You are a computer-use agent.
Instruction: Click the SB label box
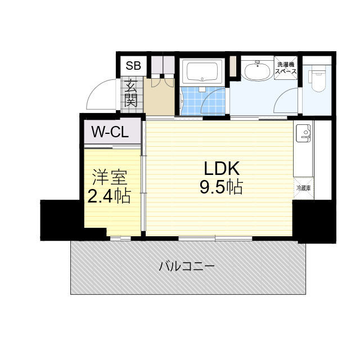pyautogui.click(x=133, y=65)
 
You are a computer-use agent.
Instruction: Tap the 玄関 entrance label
pyautogui.click(x=131, y=93)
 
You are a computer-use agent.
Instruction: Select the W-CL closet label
pyautogui.click(x=111, y=133)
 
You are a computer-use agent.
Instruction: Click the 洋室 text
pyautogui.click(x=110, y=177)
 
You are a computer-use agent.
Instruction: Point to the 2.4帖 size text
pyautogui.click(x=109, y=196)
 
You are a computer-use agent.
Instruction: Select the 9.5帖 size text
pyautogui.click(x=221, y=187)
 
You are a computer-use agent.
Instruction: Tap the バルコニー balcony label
pyautogui.click(x=186, y=266)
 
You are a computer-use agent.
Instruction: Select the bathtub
pyautogui.click(x=203, y=72)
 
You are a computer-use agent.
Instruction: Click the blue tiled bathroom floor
pyautogui.click(x=194, y=101)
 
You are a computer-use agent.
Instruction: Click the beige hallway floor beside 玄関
pyautogui.click(x=160, y=98)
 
